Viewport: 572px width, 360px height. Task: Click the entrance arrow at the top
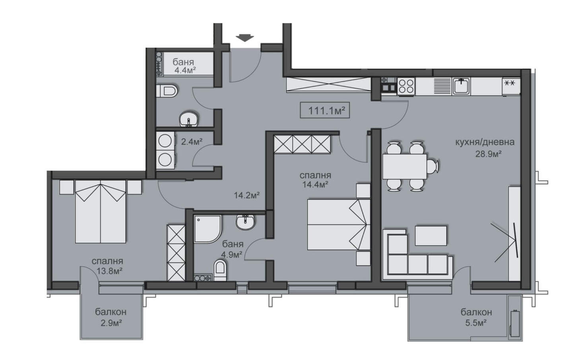(244, 38)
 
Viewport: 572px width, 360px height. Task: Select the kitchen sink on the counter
(461, 86)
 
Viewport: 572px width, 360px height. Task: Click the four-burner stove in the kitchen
(406, 86)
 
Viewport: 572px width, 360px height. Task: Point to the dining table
(405, 166)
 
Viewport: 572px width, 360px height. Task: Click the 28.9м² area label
(488, 154)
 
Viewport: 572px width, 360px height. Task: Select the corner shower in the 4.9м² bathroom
(207, 229)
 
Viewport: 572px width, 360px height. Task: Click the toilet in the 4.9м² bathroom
(219, 270)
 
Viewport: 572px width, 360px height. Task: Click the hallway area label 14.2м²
(247, 195)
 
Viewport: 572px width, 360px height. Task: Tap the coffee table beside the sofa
(431, 235)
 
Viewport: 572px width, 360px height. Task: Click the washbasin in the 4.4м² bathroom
(189, 119)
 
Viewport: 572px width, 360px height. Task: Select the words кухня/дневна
(485, 142)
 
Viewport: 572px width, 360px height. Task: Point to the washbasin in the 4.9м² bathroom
(245, 222)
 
